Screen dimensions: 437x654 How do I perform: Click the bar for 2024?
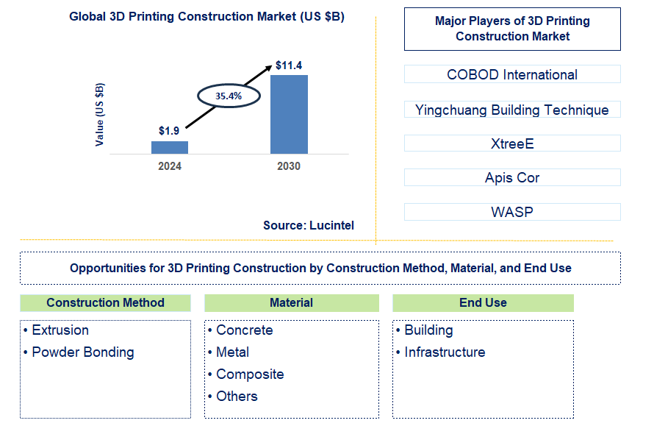point(170,147)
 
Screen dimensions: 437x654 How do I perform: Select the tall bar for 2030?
point(289,114)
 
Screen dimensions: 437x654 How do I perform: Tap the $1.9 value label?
point(169,131)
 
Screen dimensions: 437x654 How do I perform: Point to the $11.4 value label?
point(289,65)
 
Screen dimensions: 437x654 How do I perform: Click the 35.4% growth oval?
point(228,96)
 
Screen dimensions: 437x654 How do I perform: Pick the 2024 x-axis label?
point(170,166)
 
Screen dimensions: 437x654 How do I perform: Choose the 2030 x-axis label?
point(289,166)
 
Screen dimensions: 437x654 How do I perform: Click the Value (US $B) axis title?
point(100,114)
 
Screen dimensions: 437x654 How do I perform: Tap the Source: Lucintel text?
point(309,226)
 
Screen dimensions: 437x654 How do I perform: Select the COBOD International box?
point(512,74)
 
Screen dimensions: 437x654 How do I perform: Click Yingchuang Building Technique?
point(512,110)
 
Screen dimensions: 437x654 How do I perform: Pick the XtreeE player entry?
point(512,143)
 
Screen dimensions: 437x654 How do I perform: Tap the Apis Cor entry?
point(512,177)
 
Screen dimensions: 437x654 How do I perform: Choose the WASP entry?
point(512,212)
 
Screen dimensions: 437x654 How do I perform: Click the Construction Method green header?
point(105,302)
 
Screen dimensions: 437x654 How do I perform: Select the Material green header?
point(291,302)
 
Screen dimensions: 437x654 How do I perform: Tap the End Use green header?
point(483,302)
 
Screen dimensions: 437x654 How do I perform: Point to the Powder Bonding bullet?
point(82,352)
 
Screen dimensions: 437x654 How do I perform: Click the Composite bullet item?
point(250,374)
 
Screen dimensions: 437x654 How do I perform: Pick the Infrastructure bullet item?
point(445,352)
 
